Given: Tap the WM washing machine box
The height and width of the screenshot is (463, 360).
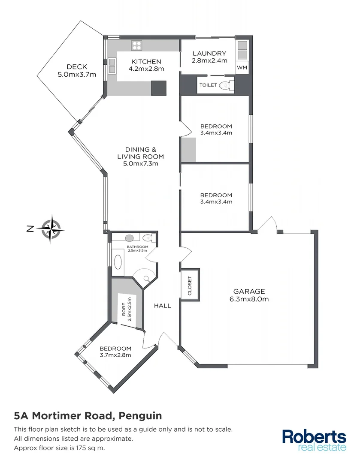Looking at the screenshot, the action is [x=242, y=68].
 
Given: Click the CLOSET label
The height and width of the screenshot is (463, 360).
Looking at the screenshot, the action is [x=190, y=285].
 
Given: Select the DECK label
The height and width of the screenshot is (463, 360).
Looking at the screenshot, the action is [x=77, y=67].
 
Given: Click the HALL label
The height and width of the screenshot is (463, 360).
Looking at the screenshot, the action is [x=163, y=306].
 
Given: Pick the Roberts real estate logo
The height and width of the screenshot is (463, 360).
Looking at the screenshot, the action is [x=314, y=440].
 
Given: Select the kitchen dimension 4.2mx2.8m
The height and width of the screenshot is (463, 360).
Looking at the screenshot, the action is [x=146, y=69].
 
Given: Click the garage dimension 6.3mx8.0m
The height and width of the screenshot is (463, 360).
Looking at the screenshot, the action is [x=249, y=299].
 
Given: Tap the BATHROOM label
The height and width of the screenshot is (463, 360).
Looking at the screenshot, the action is [x=138, y=247].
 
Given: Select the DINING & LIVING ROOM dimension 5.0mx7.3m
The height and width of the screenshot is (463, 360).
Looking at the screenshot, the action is [x=141, y=164].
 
